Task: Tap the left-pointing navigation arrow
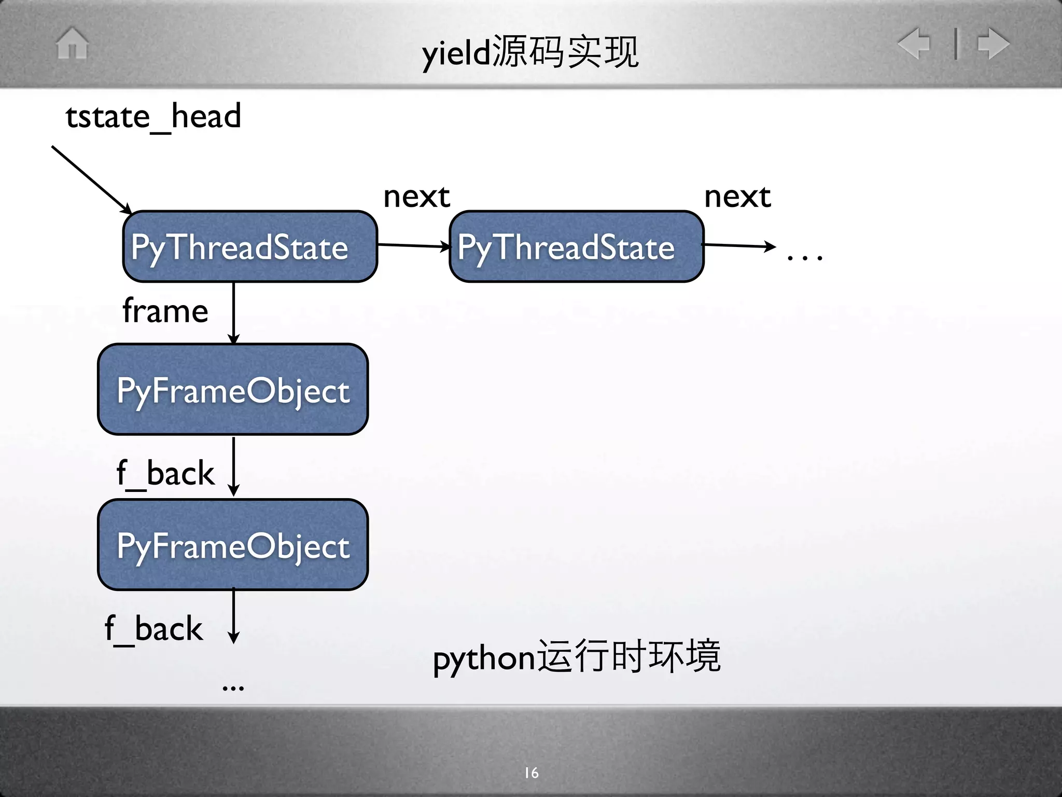point(914,43)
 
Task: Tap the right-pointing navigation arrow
point(994,43)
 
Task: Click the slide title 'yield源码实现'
point(530,52)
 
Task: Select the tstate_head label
point(153,117)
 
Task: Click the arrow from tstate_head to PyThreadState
point(91,179)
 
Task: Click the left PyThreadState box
point(250,246)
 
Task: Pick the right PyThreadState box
point(576,246)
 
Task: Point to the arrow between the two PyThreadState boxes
point(413,245)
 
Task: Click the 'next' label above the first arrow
point(416,197)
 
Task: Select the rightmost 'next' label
point(737,197)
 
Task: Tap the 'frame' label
point(165,311)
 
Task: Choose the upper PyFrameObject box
point(233,389)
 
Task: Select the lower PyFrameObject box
point(233,545)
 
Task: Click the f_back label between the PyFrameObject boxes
point(165,473)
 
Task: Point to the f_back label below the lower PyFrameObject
point(153,629)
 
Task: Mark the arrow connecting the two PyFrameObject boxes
point(234,466)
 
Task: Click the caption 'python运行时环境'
point(577,657)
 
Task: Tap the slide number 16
point(532,773)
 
